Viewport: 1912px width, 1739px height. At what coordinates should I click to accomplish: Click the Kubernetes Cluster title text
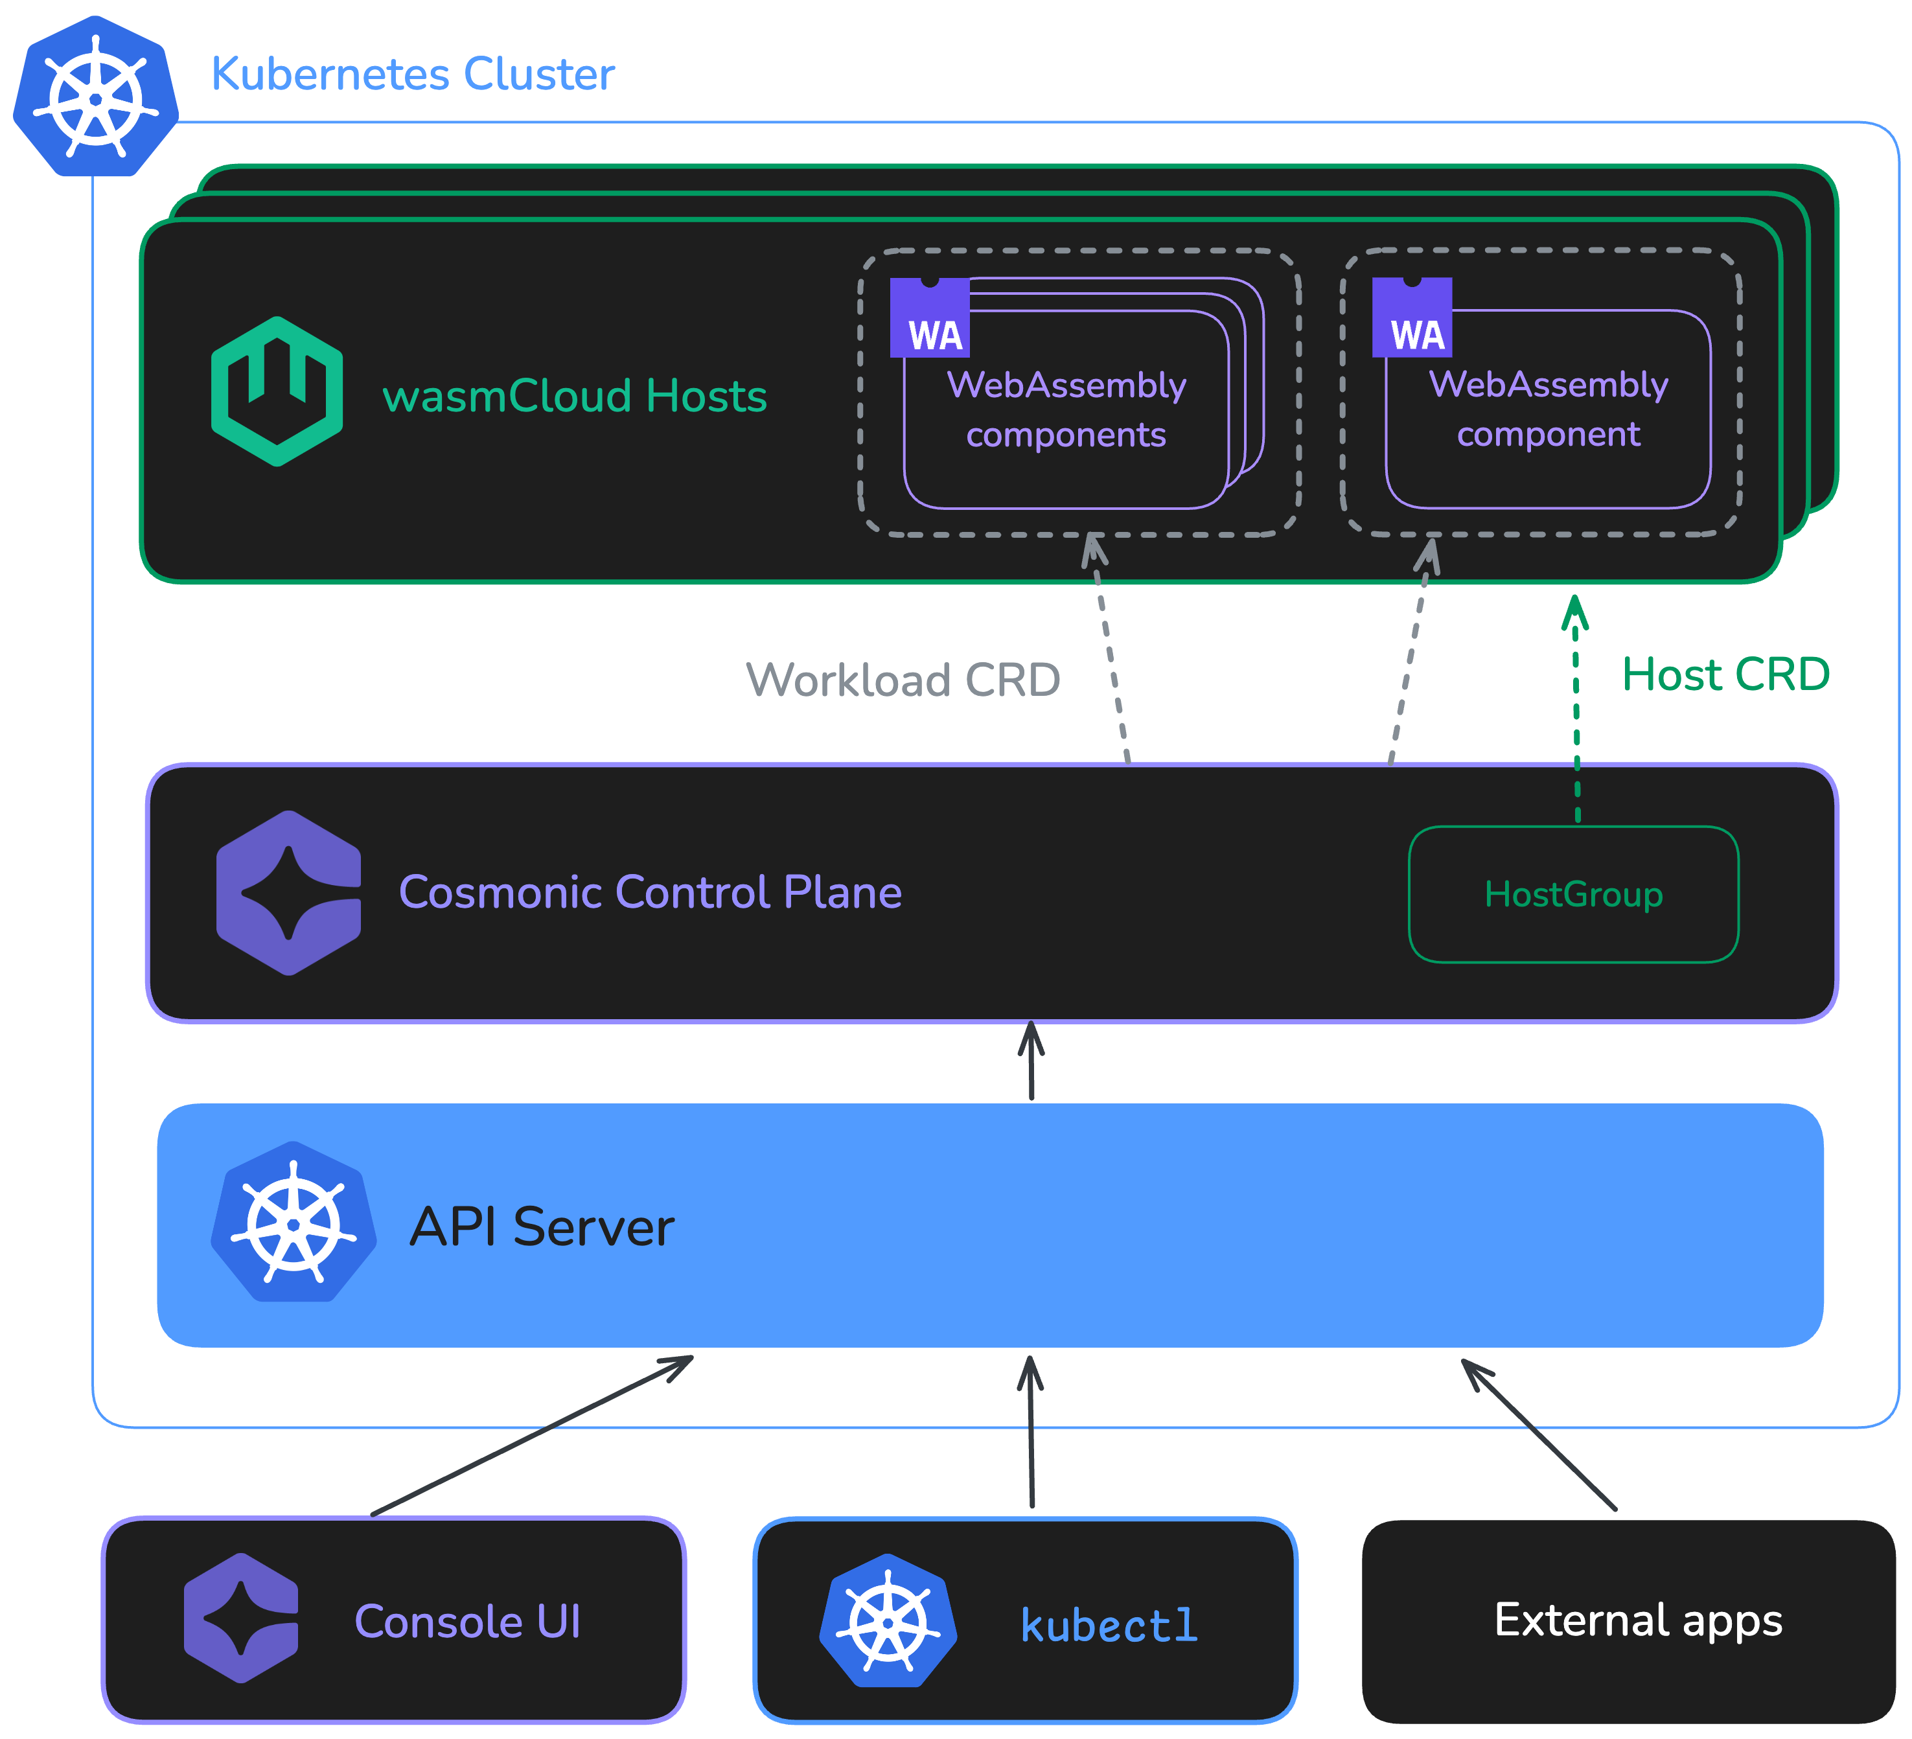[x=413, y=74]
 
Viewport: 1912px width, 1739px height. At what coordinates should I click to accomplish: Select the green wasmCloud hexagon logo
[x=276, y=391]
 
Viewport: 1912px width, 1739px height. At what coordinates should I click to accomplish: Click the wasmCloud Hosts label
[x=574, y=397]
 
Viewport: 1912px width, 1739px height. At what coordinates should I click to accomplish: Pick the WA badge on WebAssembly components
[x=930, y=319]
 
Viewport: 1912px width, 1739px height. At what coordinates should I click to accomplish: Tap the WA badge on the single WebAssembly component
[x=1411, y=319]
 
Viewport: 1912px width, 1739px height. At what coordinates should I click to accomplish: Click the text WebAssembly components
[x=1066, y=409]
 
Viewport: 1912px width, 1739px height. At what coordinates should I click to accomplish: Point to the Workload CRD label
[x=903, y=680]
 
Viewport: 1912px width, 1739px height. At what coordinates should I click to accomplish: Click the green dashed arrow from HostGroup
[x=1576, y=711]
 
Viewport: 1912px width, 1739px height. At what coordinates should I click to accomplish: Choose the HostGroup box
[x=1573, y=894]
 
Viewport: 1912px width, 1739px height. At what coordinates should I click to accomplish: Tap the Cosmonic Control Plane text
[x=650, y=892]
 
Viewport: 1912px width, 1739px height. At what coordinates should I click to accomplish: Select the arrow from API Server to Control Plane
[x=1031, y=1062]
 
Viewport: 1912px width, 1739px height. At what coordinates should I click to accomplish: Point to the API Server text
[x=542, y=1227]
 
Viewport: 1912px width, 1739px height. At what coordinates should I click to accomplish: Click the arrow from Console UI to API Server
[x=531, y=1436]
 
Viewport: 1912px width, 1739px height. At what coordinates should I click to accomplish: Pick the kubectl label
[x=1109, y=1625]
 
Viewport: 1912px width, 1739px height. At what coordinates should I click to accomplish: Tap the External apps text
[x=1638, y=1620]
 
